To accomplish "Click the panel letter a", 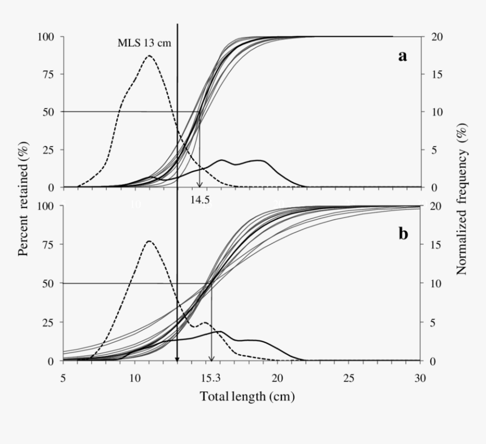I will point(402,56).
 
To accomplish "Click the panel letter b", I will point(403,233).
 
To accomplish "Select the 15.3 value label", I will point(212,376).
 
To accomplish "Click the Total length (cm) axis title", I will point(247,397).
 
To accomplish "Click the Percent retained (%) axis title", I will point(24,199).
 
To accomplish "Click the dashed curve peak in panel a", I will point(149,55).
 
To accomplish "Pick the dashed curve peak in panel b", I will point(149,241).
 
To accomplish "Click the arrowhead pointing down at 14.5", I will point(199,185).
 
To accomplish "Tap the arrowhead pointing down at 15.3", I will point(212,358).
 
